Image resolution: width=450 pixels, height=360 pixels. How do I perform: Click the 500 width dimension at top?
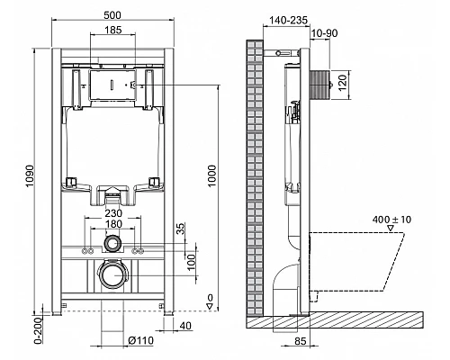point(112,14)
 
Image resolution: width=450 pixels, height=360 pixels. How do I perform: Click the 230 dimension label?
point(112,216)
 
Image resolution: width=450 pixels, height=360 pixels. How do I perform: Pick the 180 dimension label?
point(112,226)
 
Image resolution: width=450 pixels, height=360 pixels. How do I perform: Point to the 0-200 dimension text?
point(37,331)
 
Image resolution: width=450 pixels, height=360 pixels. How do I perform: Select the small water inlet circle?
point(112,242)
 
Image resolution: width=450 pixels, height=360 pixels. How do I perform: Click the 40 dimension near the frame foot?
point(184,326)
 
